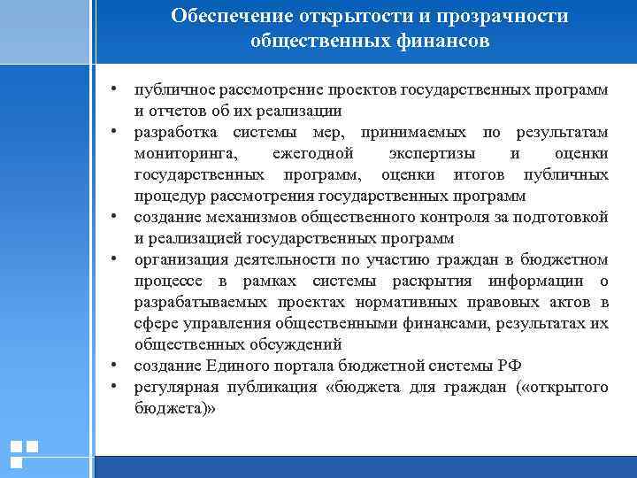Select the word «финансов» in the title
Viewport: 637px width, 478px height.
(x=441, y=42)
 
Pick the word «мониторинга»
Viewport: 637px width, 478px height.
(x=180, y=154)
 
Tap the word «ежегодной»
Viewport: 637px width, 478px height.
(x=313, y=154)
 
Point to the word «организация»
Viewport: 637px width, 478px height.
(x=180, y=259)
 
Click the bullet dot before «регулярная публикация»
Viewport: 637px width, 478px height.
(x=116, y=387)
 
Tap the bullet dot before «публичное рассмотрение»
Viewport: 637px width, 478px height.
(x=116, y=90)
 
